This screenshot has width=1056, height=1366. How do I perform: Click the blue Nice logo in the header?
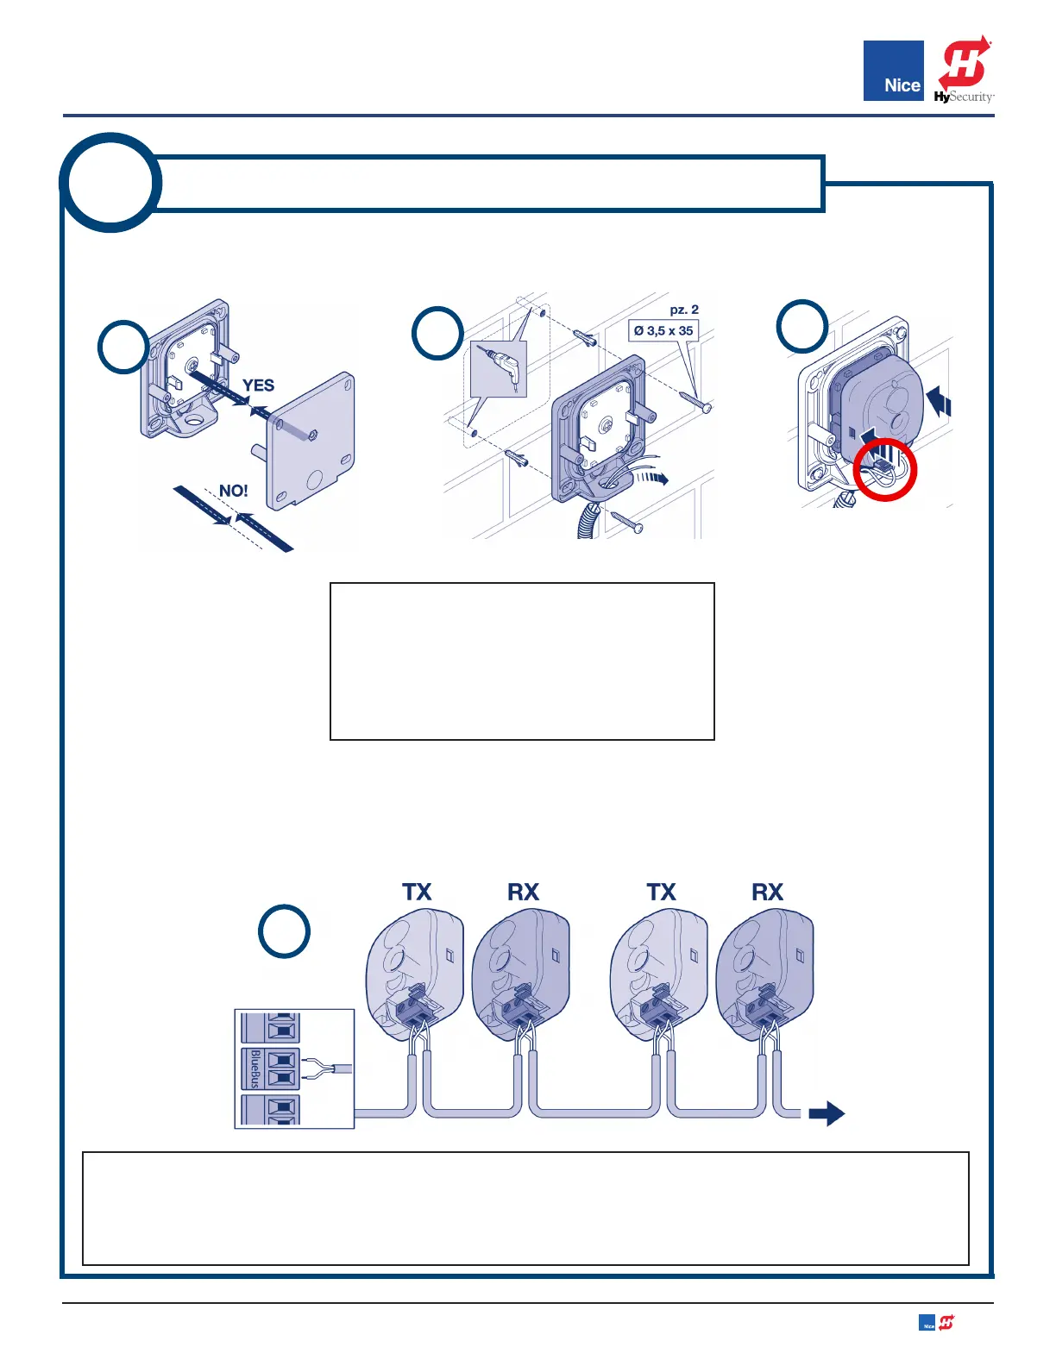(x=893, y=71)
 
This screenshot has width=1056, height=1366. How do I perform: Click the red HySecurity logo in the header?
(x=964, y=71)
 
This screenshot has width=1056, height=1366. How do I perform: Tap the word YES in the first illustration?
(x=258, y=385)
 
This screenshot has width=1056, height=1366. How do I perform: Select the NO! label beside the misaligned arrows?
(x=233, y=491)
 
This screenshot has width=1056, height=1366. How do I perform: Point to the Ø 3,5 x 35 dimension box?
(x=663, y=330)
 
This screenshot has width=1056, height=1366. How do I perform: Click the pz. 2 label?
(x=684, y=310)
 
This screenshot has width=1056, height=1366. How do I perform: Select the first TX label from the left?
(x=417, y=892)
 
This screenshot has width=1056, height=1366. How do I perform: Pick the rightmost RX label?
(x=767, y=892)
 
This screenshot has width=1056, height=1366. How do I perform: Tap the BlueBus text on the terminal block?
(x=255, y=1068)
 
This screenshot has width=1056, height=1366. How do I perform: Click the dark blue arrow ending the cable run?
(x=827, y=1113)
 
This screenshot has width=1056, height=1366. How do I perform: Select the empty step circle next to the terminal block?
(x=285, y=931)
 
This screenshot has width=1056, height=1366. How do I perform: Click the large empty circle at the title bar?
(x=110, y=183)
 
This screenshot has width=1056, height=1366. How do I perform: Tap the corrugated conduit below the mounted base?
(x=589, y=521)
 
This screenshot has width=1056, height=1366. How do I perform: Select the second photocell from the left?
(x=521, y=970)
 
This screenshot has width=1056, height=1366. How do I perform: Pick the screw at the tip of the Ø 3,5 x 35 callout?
(x=695, y=400)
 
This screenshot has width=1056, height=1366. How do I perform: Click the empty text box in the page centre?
(x=522, y=661)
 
